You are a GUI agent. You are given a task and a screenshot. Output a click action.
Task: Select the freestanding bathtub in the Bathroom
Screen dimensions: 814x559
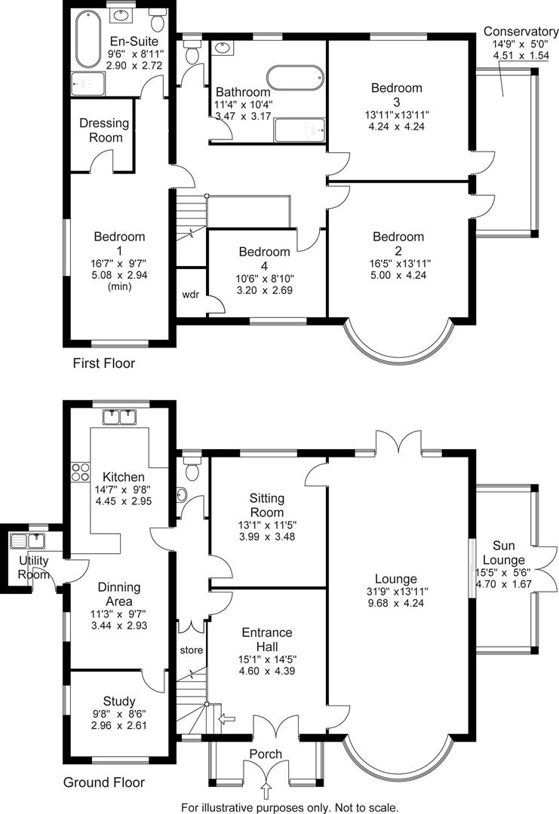[x=295, y=78]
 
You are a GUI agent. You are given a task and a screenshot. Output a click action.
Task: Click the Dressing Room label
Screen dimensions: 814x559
[x=104, y=130]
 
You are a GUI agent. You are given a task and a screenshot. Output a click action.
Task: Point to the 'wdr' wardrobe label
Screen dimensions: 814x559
[x=191, y=294]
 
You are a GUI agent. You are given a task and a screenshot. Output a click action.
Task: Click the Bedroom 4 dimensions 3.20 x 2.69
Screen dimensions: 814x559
[x=265, y=289]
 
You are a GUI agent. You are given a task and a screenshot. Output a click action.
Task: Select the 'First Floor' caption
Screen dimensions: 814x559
[x=103, y=363]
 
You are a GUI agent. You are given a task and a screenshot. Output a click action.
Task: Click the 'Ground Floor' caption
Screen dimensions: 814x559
[x=104, y=782]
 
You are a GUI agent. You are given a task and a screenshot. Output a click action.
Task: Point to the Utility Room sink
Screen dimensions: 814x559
[x=29, y=540]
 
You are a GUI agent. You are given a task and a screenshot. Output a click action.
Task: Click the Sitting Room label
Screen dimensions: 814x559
[x=266, y=505]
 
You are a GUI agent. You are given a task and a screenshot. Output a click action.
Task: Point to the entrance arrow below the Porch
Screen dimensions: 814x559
[x=265, y=790]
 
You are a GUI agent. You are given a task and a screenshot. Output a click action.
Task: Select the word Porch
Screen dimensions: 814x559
[x=265, y=754]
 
